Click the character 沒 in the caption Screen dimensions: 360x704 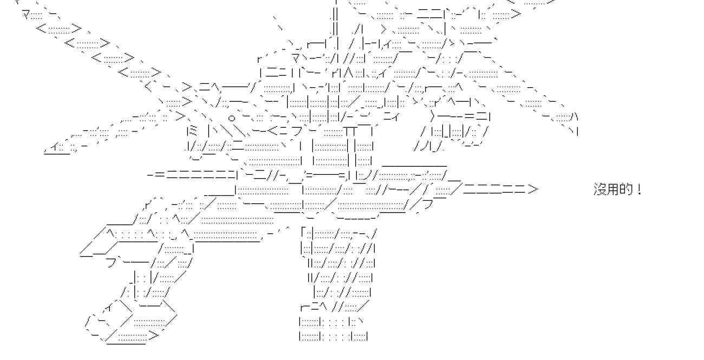(x=601, y=190)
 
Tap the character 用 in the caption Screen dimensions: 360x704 (x=613, y=190)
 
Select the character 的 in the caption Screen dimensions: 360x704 (x=626, y=190)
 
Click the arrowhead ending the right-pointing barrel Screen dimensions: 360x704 (x=533, y=189)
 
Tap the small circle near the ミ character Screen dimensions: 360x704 (x=231, y=116)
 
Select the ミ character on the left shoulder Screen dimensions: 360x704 (x=190, y=130)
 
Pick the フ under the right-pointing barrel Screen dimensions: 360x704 (x=427, y=205)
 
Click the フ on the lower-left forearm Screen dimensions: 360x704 (x=111, y=263)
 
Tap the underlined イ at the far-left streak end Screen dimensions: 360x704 (x=56, y=147)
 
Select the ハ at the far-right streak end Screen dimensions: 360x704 (x=575, y=116)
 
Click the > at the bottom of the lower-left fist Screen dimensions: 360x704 (x=154, y=336)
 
